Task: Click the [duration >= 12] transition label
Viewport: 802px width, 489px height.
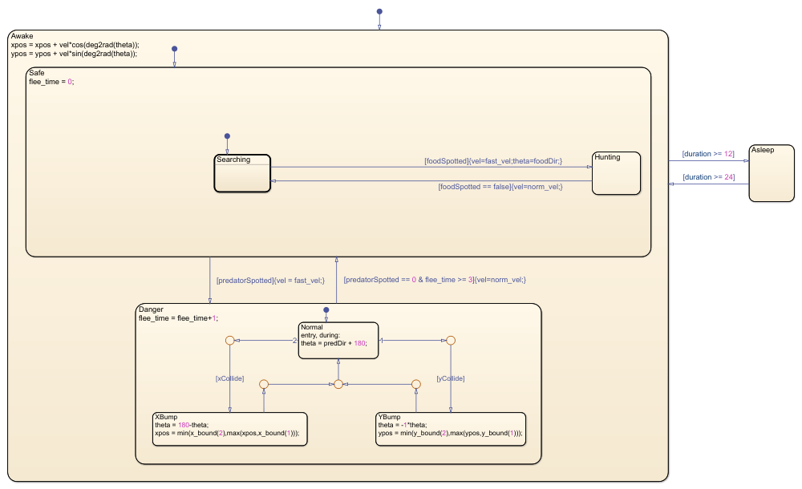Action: [708, 152]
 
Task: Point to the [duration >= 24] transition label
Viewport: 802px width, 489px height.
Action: [708, 177]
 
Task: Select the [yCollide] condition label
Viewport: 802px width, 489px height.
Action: [451, 378]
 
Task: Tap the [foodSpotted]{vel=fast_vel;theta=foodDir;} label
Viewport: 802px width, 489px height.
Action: [492, 161]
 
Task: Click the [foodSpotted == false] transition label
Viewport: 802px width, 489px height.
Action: [500, 187]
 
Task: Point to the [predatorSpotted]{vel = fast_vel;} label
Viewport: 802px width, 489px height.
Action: [269, 281]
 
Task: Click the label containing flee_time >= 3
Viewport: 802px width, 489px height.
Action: [434, 280]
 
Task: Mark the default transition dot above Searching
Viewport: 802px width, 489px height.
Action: [227, 135]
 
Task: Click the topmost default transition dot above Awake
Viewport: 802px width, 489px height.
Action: [379, 12]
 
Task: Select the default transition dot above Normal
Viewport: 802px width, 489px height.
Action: [326, 309]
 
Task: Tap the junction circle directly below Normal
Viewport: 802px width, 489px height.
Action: [338, 385]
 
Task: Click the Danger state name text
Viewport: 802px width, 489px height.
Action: [151, 309]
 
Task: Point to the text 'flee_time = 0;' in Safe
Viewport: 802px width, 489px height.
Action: [51, 82]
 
